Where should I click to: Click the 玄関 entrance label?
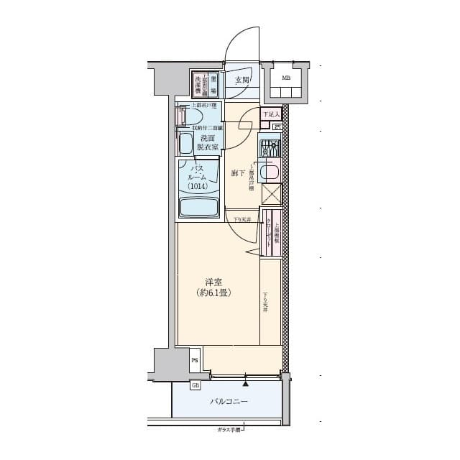pyautogui.click(x=241, y=80)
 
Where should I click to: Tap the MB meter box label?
pyautogui.click(x=286, y=78)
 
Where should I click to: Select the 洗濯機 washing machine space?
pyautogui.click(x=198, y=84)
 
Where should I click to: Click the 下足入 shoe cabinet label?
pyautogui.click(x=270, y=114)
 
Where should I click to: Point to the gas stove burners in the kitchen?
pyautogui.click(x=270, y=149)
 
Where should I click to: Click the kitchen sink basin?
pyautogui.click(x=270, y=172)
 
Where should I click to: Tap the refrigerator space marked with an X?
pyautogui.click(x=271, y=195)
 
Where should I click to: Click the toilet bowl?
pyautogui.click(x=184, y=116)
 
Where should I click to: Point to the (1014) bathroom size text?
pyautogui.click(x=198, y=186)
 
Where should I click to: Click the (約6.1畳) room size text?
pyautogui.click(x=213, y=293)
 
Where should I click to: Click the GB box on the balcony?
pyautogui.click(x=195, y=386)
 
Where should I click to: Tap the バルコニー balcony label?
pyautogui.click(x=229, y=402)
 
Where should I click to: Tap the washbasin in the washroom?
pyautogui.click(x=186, y=142)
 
